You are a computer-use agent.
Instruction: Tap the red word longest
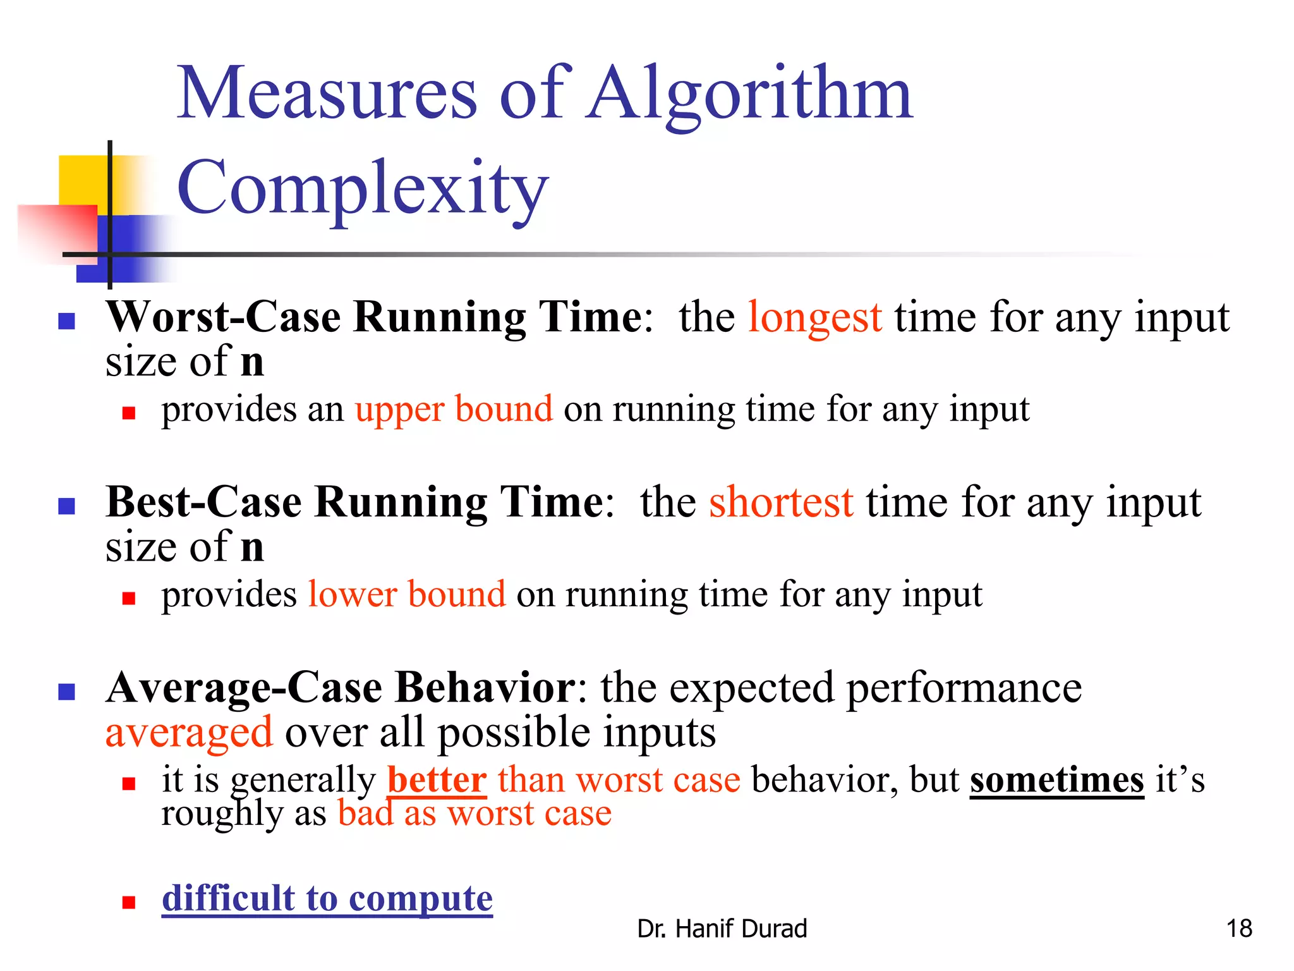click(814, 317)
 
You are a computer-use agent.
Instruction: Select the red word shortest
click(781, 503)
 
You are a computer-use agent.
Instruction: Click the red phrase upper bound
click(454, 410)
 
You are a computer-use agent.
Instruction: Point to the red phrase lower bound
click(407, 595)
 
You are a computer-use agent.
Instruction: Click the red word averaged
click(189, 733)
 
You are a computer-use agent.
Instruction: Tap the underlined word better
click(437, 779)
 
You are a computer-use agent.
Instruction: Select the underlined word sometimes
click(1056, 779)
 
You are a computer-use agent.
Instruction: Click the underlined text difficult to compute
click(327, 898)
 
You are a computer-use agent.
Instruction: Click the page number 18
click(1238, 929)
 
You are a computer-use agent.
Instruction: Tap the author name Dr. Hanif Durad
click(722, 929)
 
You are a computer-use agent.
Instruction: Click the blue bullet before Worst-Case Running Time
click(66, 321)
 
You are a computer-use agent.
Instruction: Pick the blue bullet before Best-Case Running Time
click(66, 506)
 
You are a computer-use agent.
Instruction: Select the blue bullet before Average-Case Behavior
click(66, 692)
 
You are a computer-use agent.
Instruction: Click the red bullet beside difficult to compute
click(129, 902)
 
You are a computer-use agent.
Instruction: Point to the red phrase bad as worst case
click(475, 814)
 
